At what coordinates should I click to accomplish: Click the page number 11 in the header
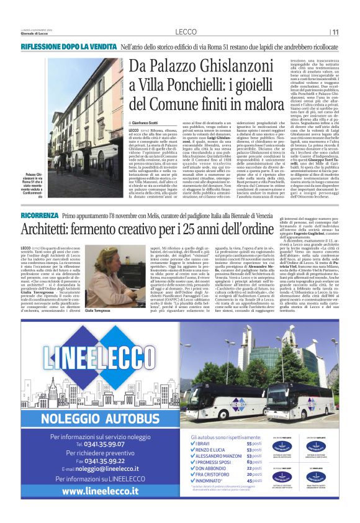click(x=335, y=32)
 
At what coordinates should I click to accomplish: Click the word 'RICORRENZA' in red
click(x=40, y=214)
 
